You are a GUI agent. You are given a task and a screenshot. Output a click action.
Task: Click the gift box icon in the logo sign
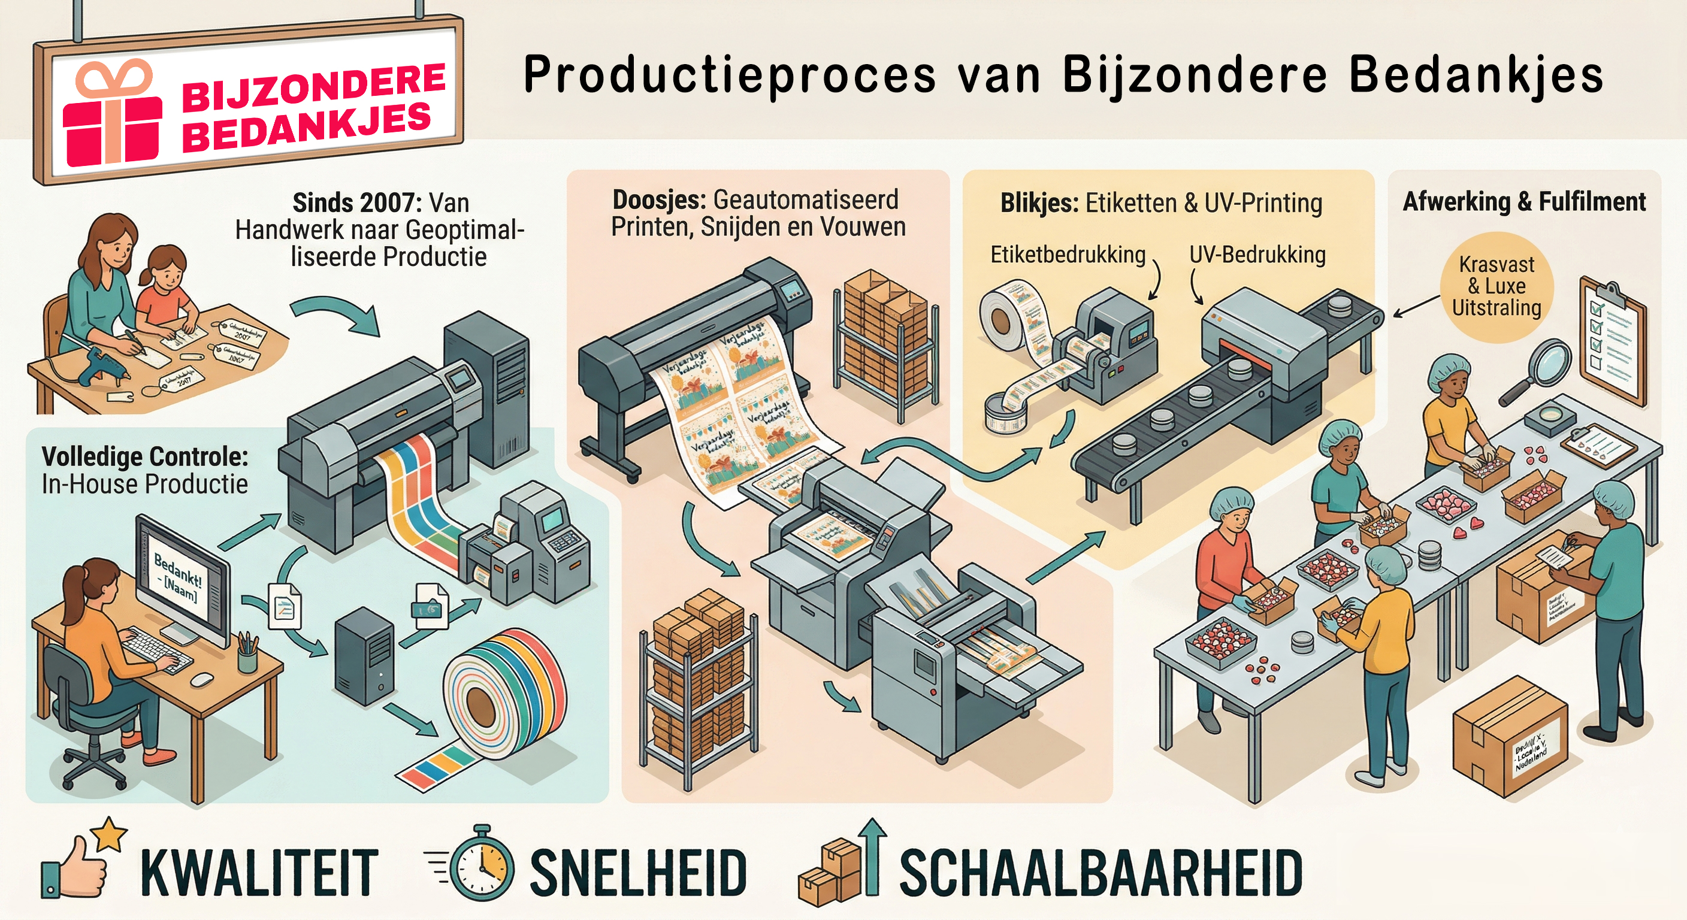(112, 114)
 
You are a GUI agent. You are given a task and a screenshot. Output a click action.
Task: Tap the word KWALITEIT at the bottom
(259, 873)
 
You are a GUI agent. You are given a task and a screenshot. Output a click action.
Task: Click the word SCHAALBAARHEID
(1101, 873)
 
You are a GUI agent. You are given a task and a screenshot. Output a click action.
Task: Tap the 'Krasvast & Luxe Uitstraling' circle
(1496, 287)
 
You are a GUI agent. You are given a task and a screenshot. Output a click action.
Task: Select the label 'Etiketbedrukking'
(1068, 254)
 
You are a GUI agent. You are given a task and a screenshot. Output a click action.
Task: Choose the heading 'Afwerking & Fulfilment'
(1524, 201)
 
